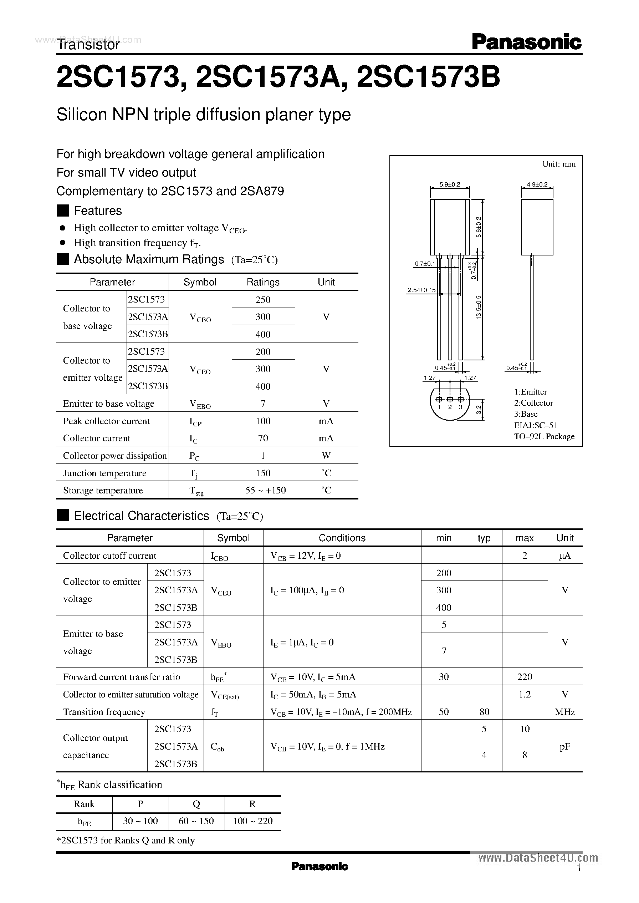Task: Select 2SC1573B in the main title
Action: (x=429, y=76)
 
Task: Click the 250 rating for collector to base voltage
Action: (x=263, y=300)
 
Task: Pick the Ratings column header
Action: (x=263, y=282)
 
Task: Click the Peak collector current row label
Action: (x=106, y=421)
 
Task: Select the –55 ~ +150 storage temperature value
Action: (x=263, y=491)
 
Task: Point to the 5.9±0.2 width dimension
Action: (x=449, y=184)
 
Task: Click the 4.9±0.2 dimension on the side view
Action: (x=537, y=184)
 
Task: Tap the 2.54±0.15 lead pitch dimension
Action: (x=421, y=290)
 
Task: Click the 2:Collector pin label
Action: (x=533, y=403)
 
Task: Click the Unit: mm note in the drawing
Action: (x=558, y=164)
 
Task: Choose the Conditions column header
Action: (x=342, y=538)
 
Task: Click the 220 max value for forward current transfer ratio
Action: (x=525, y=677)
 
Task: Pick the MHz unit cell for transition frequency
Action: (x=564, y=712)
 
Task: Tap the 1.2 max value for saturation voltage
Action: (x=525, y=694)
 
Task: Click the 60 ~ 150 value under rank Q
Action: (x=196, y=821)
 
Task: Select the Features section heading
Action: (x=98, y=211)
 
